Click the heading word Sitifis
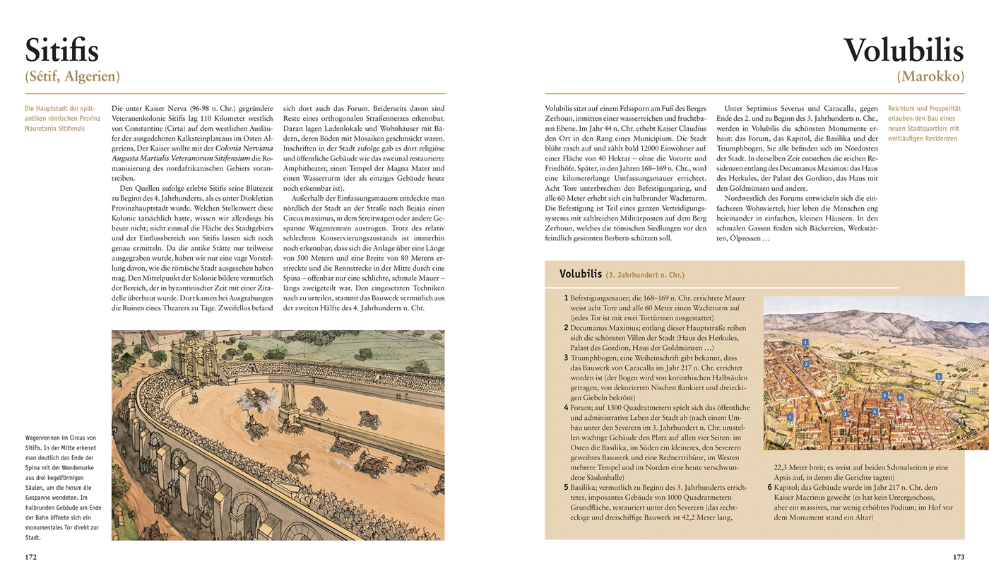[62, 51]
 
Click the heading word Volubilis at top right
[904, 51]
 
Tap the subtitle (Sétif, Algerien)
[72, 76]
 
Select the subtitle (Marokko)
[930, 76]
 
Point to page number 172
[31, 557]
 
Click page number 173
[958, 557]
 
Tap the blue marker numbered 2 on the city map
[806, 364]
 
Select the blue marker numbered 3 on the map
[845, 414]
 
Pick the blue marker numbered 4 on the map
[875, 411]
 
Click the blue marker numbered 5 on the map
[884, 395]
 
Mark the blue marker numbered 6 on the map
[900, 397]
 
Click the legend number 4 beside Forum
[566, 408]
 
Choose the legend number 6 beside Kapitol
[769, 487]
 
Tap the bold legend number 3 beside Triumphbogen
[566, 358]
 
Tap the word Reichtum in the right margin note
[903, 109]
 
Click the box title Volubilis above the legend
[580, 274]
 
